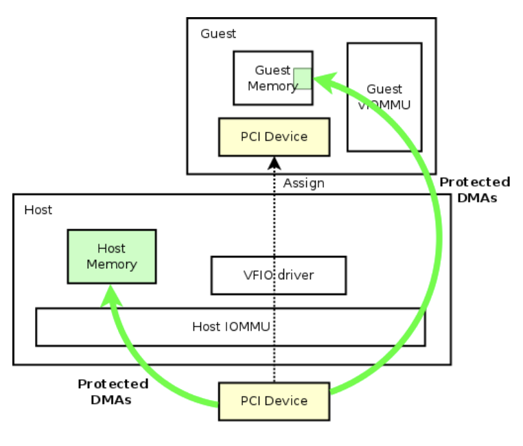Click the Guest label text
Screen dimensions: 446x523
218,34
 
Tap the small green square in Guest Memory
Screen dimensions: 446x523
303,79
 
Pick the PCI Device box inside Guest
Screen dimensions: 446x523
274,137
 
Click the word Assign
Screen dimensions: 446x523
303,183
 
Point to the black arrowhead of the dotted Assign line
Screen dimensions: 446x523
275,163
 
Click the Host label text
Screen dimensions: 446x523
38,210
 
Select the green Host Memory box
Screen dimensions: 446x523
111,257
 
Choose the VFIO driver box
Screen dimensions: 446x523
278,275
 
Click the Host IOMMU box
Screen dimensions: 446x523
230,327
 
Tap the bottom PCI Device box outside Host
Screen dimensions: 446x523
274,401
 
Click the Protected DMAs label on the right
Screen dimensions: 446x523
474,189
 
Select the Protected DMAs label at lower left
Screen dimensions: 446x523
113,392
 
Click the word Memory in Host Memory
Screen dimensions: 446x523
111,264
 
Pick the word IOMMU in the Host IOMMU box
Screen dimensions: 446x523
244,327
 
